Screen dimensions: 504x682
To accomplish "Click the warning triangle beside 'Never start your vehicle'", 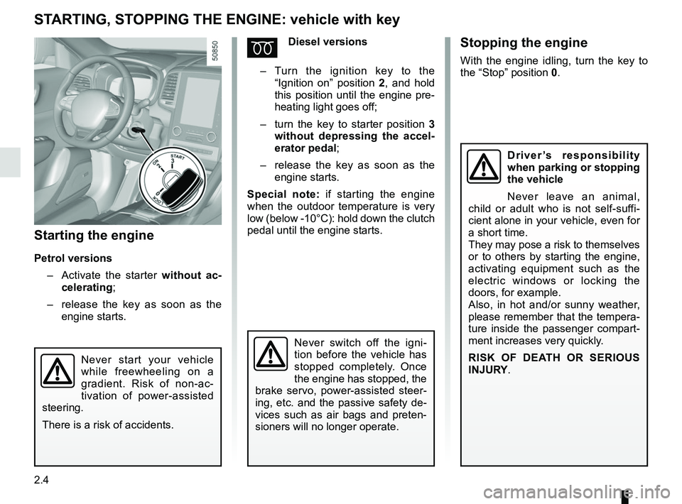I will [56, 371].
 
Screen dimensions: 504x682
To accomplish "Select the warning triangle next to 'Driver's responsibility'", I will [483, 167].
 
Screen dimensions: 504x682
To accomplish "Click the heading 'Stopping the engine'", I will [524, 43].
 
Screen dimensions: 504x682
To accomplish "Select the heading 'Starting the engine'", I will [94, 234].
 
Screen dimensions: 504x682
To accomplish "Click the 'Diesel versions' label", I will [328, 42].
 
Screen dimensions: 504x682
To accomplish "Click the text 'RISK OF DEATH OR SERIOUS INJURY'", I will [553, 363].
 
